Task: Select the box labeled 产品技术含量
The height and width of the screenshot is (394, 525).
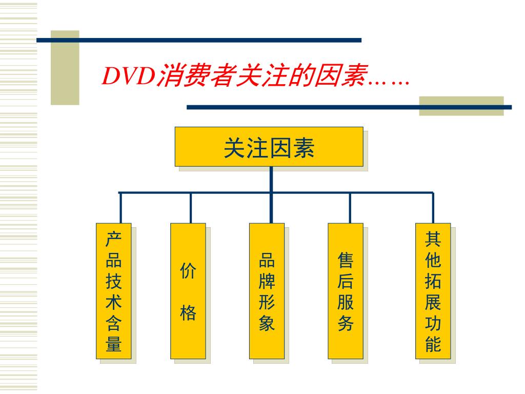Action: coord(113,291)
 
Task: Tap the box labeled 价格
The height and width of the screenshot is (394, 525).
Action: coord(188,291)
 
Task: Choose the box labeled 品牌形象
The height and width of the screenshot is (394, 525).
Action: coord(267,291)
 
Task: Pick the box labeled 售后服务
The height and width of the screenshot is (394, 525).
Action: coord(346,291)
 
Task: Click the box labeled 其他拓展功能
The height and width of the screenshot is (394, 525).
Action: coord(433,291)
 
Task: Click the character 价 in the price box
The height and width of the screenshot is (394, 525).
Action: coord(188,270)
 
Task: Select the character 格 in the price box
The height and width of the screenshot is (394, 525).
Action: coord(188,312)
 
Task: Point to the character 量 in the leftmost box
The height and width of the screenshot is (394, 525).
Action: coord(113,344)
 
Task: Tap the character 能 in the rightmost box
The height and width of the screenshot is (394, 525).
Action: coord(433,344)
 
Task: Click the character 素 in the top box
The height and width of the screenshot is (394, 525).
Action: coord(304,147)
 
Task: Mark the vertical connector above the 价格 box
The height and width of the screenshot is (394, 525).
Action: coord(190,208)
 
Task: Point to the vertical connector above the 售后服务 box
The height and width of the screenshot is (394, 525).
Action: coord(350,208)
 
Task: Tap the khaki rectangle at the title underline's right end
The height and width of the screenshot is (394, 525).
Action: coord(461,106)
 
